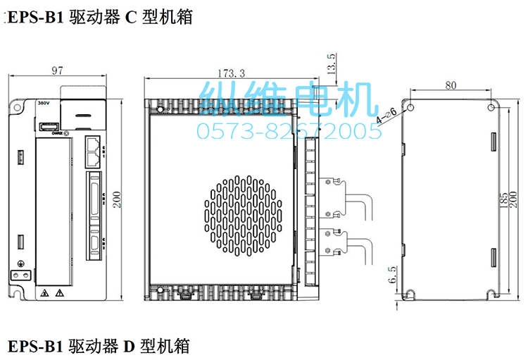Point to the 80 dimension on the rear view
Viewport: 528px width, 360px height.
[x=451, y=85]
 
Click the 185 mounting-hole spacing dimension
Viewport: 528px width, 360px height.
[x=503, y=199]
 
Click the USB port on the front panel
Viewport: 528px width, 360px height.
[x=47, y=127]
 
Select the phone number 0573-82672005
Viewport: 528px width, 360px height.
[x=289, y=130]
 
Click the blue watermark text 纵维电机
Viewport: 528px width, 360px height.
[x=289, y=99]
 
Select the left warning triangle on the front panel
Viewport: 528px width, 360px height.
[x=45, y=292]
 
